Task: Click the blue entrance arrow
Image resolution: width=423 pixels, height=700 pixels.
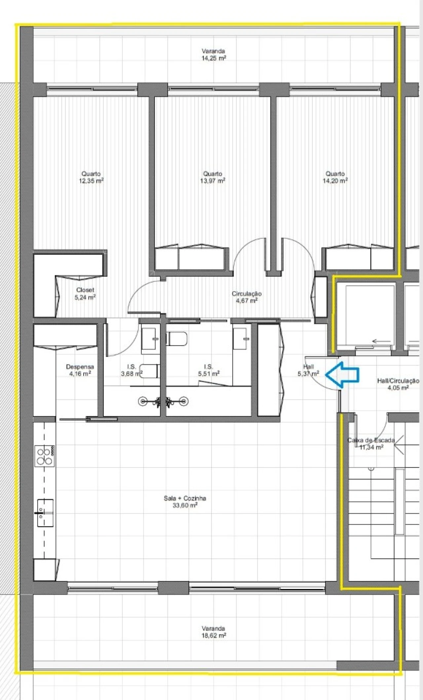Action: pyautogui.click(x=342, y=374)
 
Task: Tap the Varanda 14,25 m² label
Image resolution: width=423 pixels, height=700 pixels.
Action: pyautogui.click(x=213, y=55)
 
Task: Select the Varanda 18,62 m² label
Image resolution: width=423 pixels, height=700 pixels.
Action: pyautogui.click(x=213, y=632)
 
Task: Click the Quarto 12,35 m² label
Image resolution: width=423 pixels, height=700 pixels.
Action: pyautogui.click(x=91, y=177)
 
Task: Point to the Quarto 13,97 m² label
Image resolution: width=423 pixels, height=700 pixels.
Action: pyautogui.click(x=212, y=177)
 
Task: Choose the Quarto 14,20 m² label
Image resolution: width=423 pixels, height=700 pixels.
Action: pyautogui.click(x=335, y=177)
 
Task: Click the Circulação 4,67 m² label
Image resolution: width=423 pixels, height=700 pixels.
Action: pyautogui.click(x=247, y=297)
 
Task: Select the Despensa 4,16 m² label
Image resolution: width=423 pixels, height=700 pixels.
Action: pyautogui.click(x=80, y=370)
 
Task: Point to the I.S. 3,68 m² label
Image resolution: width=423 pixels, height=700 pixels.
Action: pyautogui.click(x=131, y=370)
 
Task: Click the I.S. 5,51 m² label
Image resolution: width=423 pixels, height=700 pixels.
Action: pyautogui.click(x=208, y=370)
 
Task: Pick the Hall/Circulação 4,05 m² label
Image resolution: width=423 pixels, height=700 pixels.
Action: pyautogui.click(x=398, y=384)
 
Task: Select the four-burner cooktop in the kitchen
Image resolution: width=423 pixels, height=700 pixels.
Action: pyautogui.click(x=45, y=456)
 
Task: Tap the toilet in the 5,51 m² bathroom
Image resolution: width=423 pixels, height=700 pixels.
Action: pyautogui.click(x=177, y=339)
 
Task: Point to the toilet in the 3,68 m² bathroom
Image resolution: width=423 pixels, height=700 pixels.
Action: pyautogui.click(x=150, y=371)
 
